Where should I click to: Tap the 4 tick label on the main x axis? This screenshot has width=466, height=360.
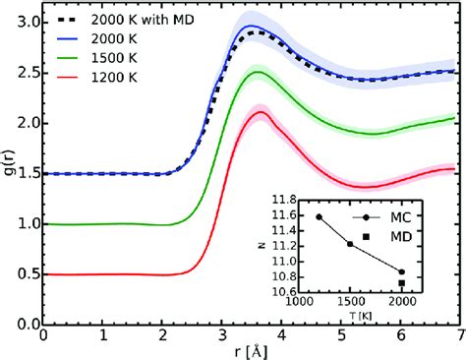pyautogui.click(x=279, y=335)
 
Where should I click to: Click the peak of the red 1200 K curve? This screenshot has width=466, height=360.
pyautogui.click(x=262, y=112)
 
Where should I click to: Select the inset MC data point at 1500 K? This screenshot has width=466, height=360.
pyautogui.click(x=351, y=243)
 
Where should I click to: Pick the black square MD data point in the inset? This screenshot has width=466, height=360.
pyautogui.click(x=402, y=283)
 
